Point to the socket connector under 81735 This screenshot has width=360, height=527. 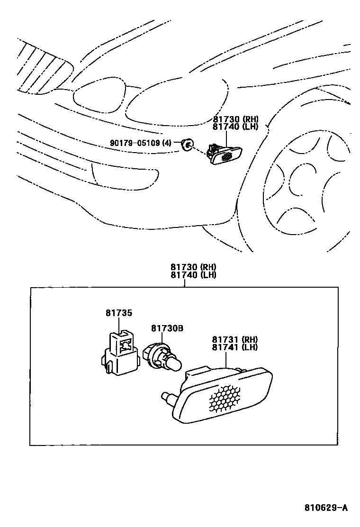pyautogui.click(x=119, y=353)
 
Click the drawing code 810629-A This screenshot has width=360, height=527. pyautogui.click(x=325, y=508)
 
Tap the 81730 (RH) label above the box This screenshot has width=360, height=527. pyautogui.click(x=194, y=267)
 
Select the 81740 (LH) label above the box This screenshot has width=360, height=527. pyautogui.click(x=194, y=274)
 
